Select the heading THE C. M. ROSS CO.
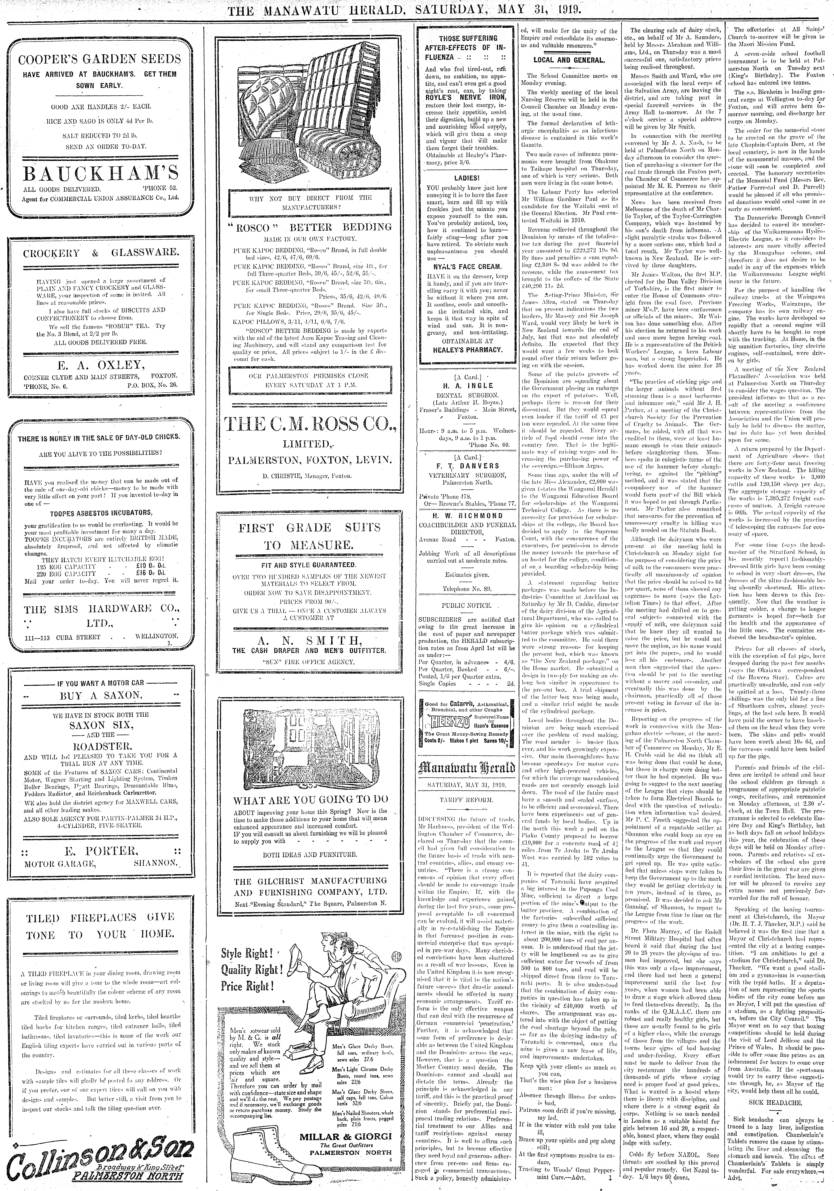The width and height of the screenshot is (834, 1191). pos(310,425)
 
